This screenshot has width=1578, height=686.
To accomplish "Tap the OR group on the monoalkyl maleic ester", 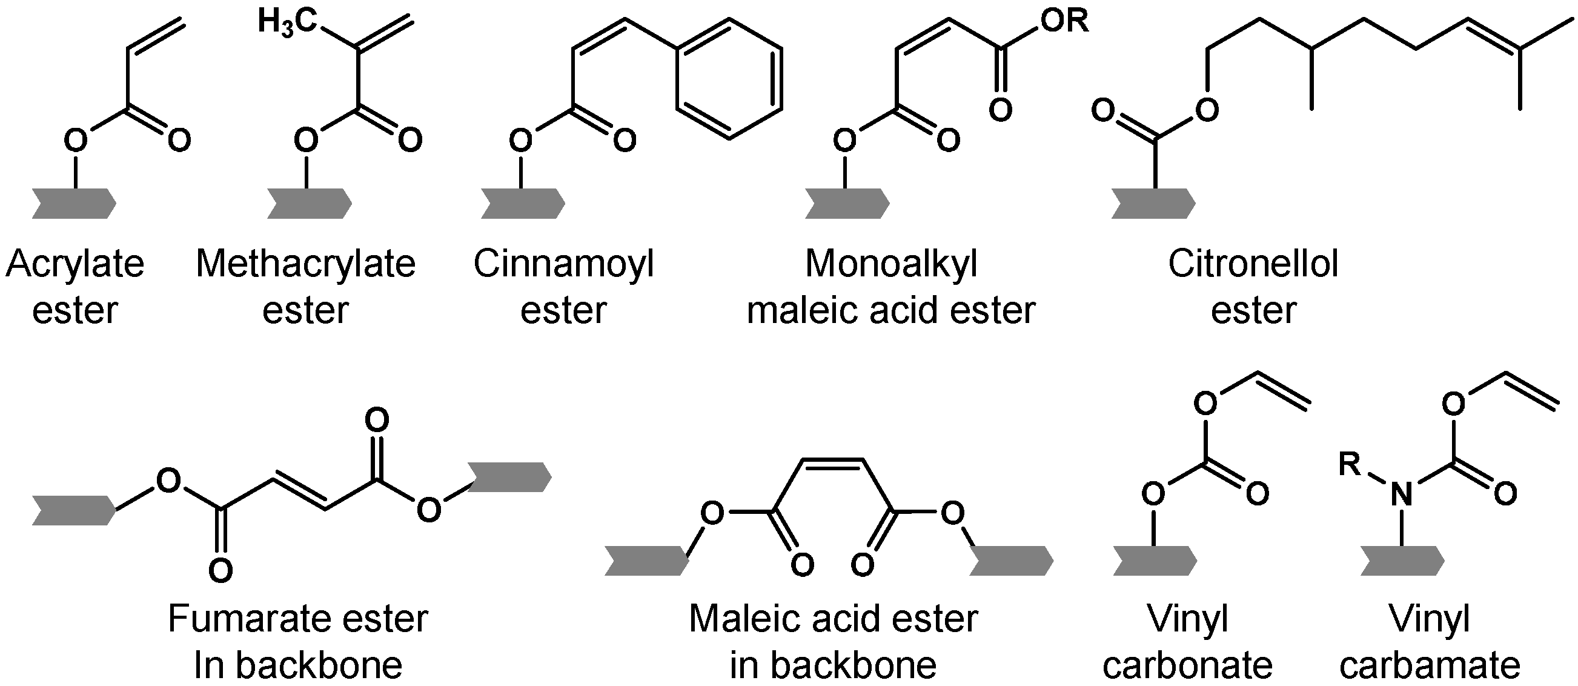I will [x=1066, y=21].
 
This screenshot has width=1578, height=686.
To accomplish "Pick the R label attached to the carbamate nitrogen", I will [x=1350, y=464].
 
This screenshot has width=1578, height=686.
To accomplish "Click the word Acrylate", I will [x=75, y=264].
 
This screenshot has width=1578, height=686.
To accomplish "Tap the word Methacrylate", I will [x=306, y=264].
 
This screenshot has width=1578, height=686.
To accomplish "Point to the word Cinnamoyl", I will [x=563, y=264].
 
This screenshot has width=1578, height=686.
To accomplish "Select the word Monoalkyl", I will [x=890, y=264].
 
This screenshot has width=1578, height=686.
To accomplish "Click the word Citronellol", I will [x=1253, y=264].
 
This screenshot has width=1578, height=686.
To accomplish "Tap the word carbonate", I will [x=1188, y=666].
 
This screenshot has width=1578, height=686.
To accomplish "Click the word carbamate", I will [x=1430, y=666].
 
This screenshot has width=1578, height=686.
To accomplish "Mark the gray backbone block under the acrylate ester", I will [x=74, y=204].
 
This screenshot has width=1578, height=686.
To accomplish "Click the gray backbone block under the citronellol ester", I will [x=1153, y=204].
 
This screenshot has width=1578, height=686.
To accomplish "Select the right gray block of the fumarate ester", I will [x=509, y=477].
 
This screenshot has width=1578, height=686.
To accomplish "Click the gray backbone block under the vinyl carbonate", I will [x=1155, y=561].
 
